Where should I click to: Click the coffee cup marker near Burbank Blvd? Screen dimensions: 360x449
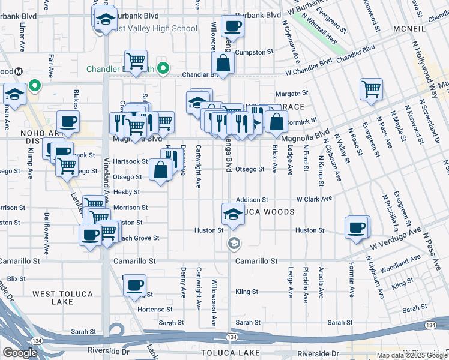pos(232,26)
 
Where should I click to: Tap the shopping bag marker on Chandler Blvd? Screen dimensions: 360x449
pos(223,63)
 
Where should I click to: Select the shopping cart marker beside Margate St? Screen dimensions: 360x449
pos(372,89)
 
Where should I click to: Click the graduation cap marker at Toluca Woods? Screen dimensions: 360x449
pos(233,214)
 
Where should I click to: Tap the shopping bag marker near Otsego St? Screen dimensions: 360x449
pos(161,169)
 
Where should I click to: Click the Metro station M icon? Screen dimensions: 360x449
pos(19,71)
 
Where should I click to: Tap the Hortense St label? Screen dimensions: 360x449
pos(155,309)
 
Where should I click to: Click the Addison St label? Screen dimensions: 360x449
pos(252,199)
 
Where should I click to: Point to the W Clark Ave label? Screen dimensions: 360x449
pos(314,199)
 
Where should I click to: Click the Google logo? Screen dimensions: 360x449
pos(20,353)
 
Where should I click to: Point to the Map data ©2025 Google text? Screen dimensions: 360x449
pos(412,355)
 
